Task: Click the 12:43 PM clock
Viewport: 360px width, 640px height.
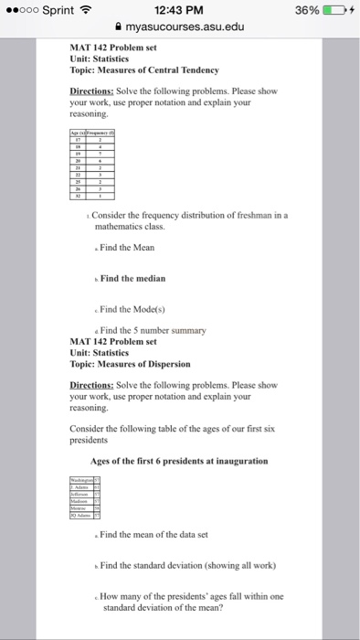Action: click(x=180, y=10)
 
